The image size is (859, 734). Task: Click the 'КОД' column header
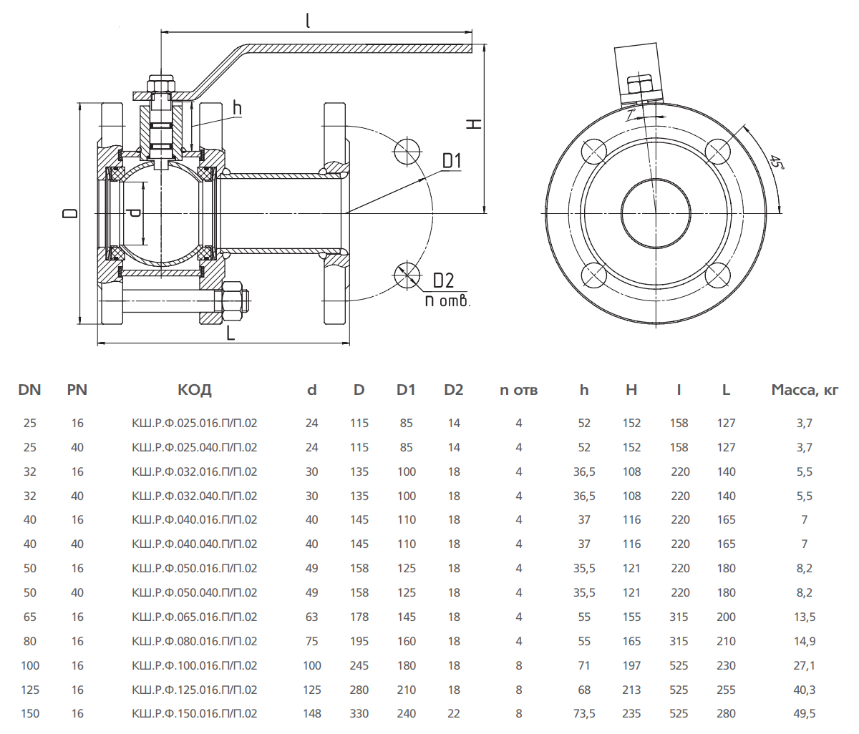(195, 390)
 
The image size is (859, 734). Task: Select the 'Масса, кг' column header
(805, 390)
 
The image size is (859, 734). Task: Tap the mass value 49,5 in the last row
(805, 713)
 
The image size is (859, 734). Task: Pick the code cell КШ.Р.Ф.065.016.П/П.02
(195, 617)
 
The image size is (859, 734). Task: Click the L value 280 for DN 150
(726, 713)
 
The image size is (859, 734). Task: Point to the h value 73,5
(584, 713)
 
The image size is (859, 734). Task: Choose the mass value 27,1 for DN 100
(805, 665)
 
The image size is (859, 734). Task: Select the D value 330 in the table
(359, 713)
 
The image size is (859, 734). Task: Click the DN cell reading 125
(30, 690)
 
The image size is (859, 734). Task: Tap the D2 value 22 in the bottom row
(454, 713)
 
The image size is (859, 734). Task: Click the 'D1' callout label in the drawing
(452, 161)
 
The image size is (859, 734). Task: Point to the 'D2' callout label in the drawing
(444, 280)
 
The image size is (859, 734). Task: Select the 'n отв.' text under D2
(447, 300)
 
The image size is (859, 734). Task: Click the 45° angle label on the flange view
(777, 162)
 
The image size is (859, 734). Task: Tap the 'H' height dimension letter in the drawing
(474, 123)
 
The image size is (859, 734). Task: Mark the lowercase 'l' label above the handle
(308, 20)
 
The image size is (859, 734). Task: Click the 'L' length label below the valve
(230, 333)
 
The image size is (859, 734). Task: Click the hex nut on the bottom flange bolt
(233, 302)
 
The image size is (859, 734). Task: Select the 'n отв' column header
(518, 390)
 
